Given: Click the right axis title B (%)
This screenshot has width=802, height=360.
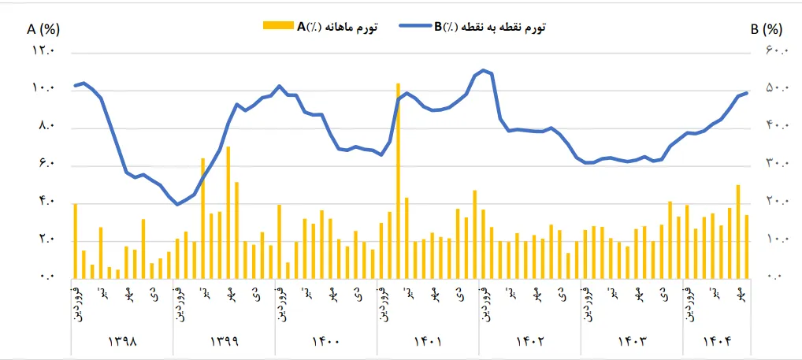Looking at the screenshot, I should click(766, 29).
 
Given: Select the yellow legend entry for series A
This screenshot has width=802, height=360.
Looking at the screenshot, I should click(320, 27).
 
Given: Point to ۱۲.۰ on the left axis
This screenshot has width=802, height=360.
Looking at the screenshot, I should click(43, 51).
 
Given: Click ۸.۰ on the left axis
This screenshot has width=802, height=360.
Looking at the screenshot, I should click(44, 127).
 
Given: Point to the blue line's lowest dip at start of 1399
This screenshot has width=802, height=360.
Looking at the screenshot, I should click(177, 205).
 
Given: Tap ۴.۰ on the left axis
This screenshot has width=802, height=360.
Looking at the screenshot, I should click(44, 202).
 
